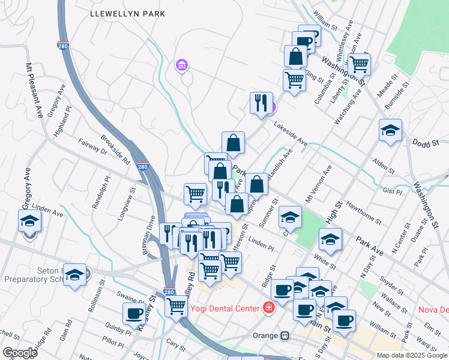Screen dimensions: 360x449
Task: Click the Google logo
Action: [x=19, y=353]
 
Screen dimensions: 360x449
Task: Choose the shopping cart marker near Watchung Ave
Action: [x=359, y=64]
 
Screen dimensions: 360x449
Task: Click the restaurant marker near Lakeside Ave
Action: [x=261, y=102]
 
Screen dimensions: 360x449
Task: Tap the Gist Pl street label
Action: [x=391, y=191]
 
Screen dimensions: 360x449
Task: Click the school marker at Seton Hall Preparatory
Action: [x=74, y=275]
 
